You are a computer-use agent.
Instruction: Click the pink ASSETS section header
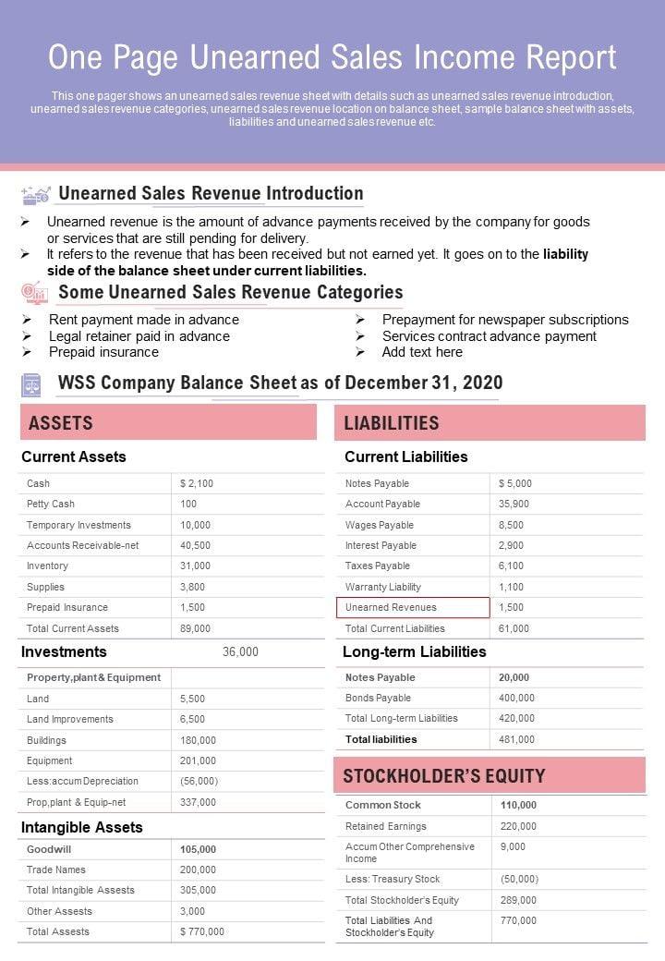click(x=168, y=422)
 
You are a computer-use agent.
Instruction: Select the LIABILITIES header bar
click(x=490, y=422)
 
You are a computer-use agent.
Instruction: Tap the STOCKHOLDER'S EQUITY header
click(x=490, y=775)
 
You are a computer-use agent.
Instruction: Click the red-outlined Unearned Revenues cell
click(x=413, y=607)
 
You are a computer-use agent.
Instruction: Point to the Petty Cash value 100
click(x=188, y=504)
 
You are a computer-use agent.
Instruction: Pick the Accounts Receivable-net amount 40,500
click(x=196, y=545)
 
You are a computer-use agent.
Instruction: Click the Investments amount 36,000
click(x=240, y=651)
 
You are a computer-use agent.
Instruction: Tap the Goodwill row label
click(x=49, y=849)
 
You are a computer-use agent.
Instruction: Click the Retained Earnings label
click(x=386, y=826)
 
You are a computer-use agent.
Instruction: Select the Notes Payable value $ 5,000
click(x=515, y=483)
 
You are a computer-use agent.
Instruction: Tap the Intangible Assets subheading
click(x=82, y=827)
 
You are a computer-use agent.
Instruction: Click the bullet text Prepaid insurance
click(x=103, y=352)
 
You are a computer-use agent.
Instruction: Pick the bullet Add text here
click(x=422, y=352)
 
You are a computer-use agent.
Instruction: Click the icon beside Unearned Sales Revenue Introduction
click(x=35, y=194)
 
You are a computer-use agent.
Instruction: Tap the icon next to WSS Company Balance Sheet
click(x=31, y=384)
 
